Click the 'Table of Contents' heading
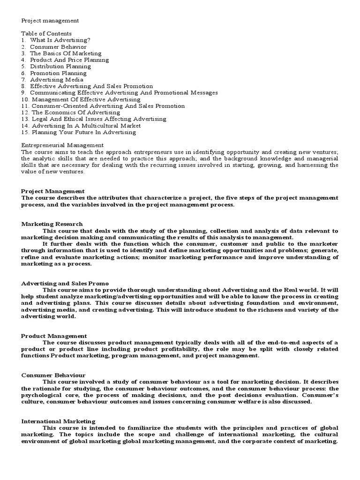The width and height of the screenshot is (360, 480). coord(46,34)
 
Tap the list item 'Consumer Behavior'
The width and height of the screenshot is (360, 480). coord(58,47)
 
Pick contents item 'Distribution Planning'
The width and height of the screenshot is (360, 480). coord(60,67)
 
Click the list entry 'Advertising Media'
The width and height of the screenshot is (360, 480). coord(57,80)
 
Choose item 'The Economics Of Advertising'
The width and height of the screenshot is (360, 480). coord(75,112)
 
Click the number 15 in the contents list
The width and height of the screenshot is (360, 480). coord(25,132)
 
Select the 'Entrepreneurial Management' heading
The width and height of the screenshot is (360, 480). coord(62,145)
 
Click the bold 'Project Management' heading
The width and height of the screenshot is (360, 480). coord(53,191)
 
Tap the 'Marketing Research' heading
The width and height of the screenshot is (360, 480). coord(52,224)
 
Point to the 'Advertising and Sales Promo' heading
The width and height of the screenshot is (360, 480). coord(65,283)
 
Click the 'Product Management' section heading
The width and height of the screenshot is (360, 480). coord(54,336)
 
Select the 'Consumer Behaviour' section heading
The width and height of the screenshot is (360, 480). coord(53,375)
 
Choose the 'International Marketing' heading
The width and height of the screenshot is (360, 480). coord(58,421)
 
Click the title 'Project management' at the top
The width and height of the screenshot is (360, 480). coord(50,21)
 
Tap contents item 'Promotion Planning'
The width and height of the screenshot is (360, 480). coord(58,73)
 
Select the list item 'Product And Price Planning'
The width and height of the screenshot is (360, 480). coord(69,60)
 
